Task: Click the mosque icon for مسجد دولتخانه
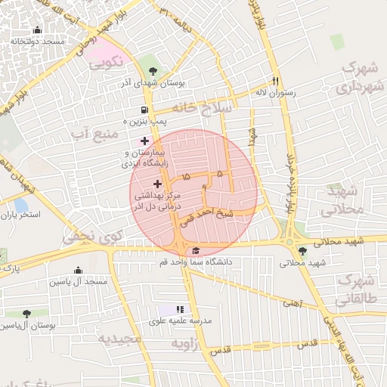(37, 29)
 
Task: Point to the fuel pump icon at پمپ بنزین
(127, 120)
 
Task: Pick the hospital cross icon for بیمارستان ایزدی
(144, 140)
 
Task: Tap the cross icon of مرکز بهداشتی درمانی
(157, 184)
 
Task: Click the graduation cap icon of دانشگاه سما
(197, 251)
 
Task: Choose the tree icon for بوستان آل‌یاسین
(26, 313)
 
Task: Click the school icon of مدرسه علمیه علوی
(180, 309)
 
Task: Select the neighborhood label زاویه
(184, 344)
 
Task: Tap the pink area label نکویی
(105, 65)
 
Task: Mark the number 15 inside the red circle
(186, 176)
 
